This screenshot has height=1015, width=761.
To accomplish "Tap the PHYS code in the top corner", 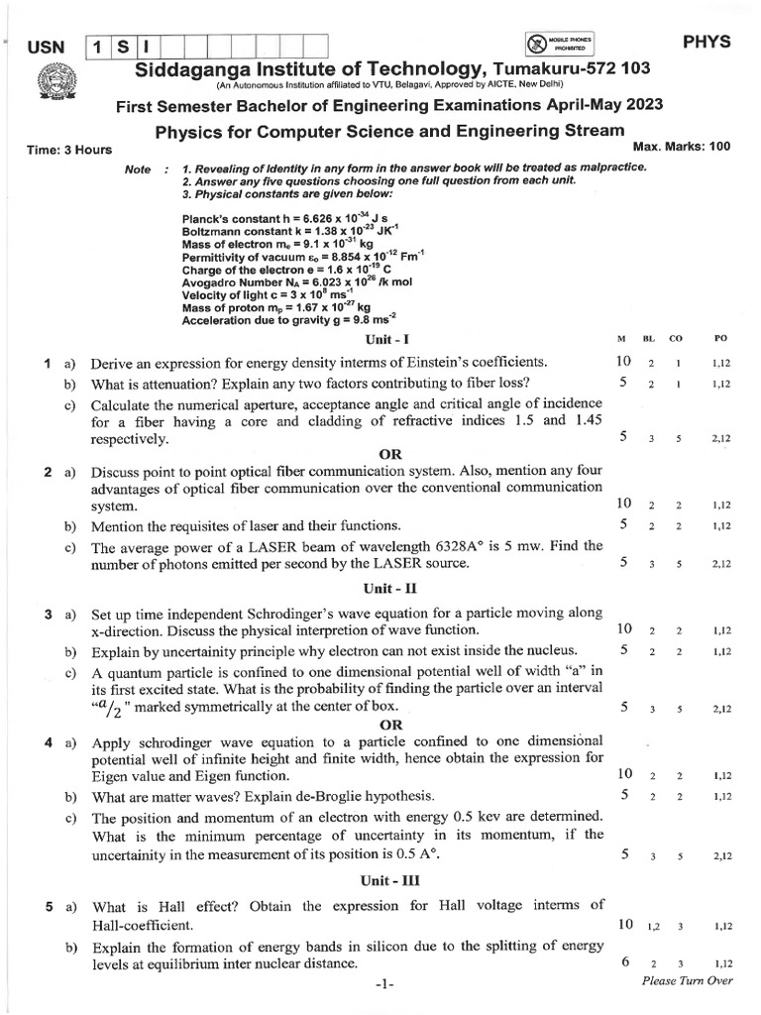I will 707,42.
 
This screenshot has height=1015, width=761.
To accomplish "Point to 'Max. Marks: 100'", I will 681,146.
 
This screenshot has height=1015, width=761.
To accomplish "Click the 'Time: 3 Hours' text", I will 69,150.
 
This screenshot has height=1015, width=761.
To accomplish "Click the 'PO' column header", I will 720,340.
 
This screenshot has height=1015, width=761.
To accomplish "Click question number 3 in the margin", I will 48,616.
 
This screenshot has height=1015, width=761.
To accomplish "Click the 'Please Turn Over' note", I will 687,980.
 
